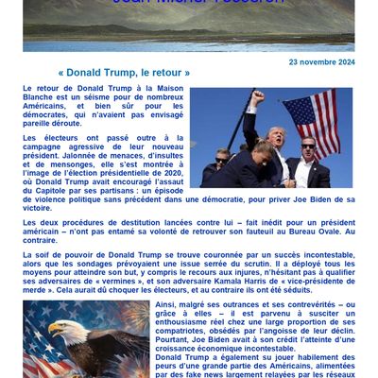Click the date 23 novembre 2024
pos(321,61)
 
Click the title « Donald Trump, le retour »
pos(124,73)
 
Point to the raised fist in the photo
pos(257,96)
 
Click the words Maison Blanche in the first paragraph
pos(58,94)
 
